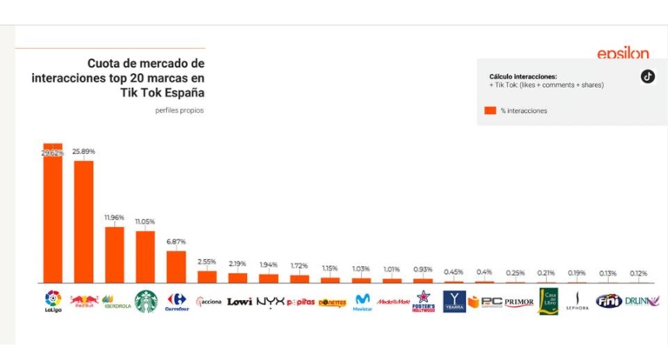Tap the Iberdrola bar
pyautogui.click(x=114, y=255)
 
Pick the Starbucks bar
pyautogui.click(x=145, y=257)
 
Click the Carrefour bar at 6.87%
pyautogui.click(x=177, y=266)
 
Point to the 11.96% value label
pyautogui.click(x=114, y=217)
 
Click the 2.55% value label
pyautogui.click(x=207, y=262)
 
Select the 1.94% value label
pyautogui.click(x=269, y=264)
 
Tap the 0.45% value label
pyautogui.click(x=453, y=271)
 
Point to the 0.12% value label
pyautogui.click(x=638, y=273)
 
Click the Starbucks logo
pyautogui.click(x=145, y=301)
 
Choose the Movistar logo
pyautogui.click(x=362, y=302)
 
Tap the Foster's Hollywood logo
pyautogui.click(x=423, y=302)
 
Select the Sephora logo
pyautogui.click(x=577, y=302)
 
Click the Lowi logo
pyautogui.click(x=239, y=302)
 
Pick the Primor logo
pyautogui.click(x=518, y=302)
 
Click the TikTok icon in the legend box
pyautogui.click(x=647, y=76)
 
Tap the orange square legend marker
pyautogui.click(x=490, y=110)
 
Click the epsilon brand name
pyautogui.click(x=622, y=54)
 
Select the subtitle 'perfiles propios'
pyautogui.click(x=179, y=110)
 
